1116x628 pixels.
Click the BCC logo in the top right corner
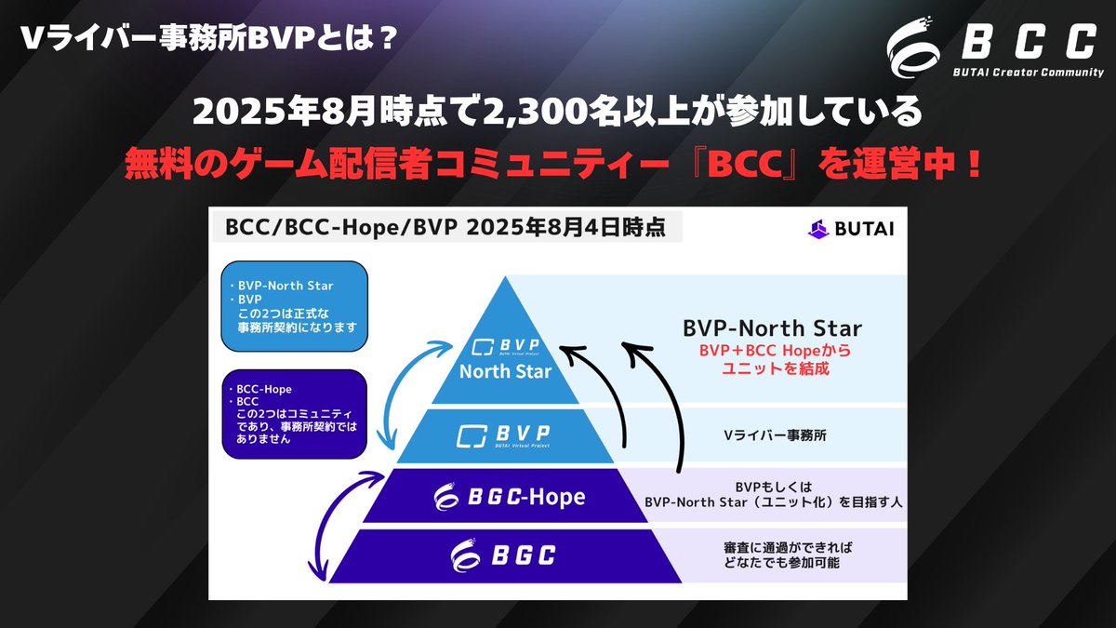point(990,42)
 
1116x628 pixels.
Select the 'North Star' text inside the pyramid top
point(506,372)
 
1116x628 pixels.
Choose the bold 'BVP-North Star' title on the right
point(773,328)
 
